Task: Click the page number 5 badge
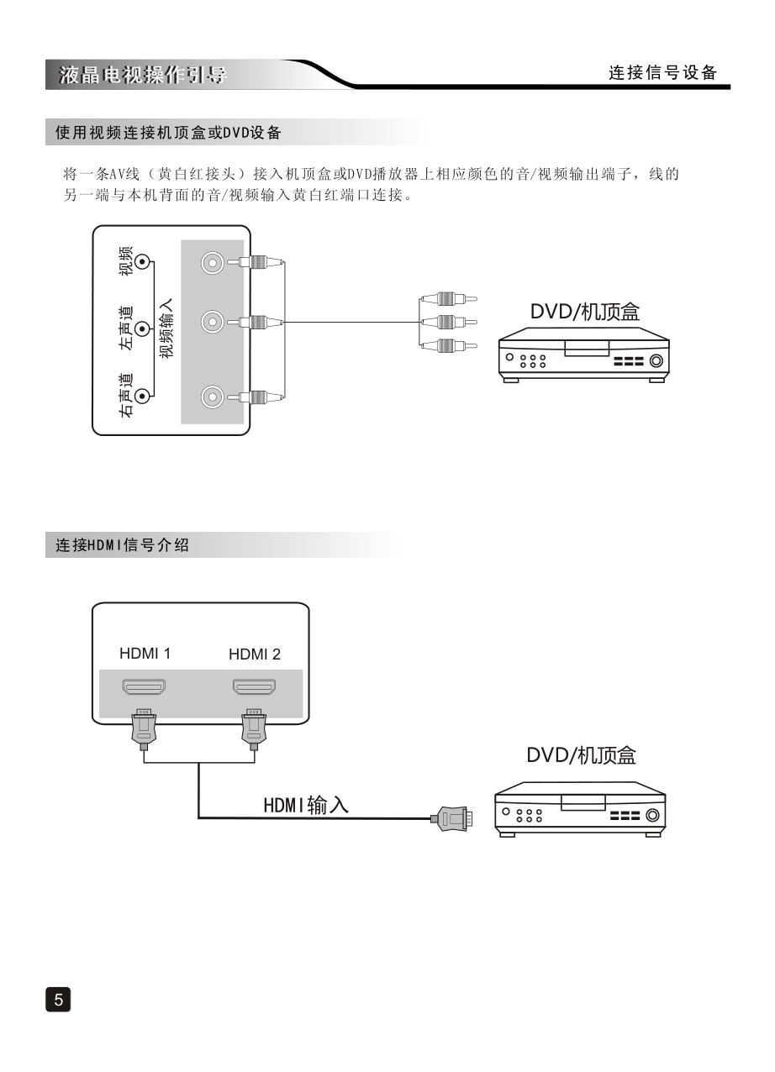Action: [x=58, y=999]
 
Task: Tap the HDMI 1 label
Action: [x=145, y=653]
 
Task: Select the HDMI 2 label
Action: [x=255, y=654]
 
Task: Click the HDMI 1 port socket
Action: [x=145, y=687]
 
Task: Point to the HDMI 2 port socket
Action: [x=255, y=687]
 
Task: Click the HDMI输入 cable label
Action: [x=306, y=805]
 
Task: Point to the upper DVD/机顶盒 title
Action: [x=584, y=312]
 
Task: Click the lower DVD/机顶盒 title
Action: [x=581, y=755]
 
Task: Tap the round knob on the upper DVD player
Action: [x=656, y=362]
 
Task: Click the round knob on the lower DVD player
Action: [x=652, y=815]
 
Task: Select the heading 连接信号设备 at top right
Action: [x=663, y=73]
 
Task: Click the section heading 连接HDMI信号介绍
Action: [x=122, y=545]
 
